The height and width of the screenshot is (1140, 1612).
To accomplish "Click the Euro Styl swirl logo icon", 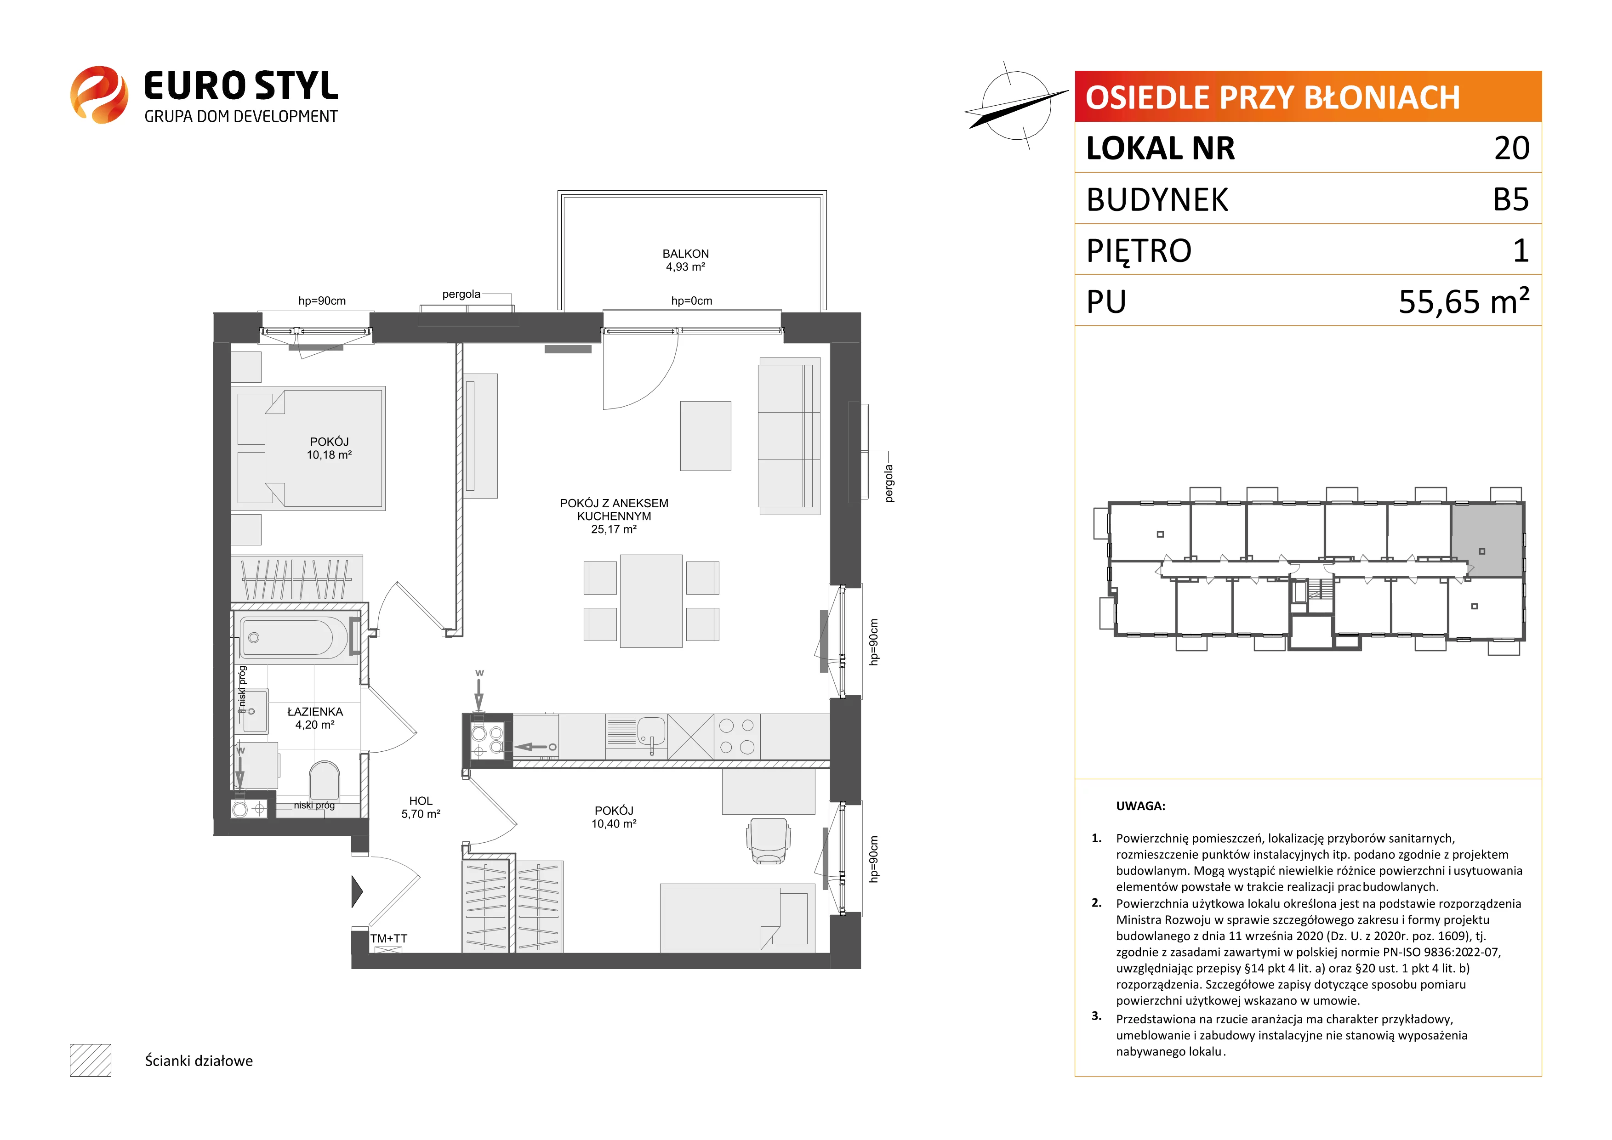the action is (x=99, y=95).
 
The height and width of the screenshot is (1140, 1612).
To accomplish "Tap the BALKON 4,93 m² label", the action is (x=685, y=260).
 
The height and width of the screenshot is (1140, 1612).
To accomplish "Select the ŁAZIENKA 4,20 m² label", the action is (x=314, y=718).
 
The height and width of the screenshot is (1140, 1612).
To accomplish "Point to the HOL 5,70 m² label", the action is (x=421, y=807).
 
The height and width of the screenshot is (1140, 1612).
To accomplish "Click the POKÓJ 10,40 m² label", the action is (x=614, y=817).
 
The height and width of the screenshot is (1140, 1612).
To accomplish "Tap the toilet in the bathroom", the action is (x=325, y=781).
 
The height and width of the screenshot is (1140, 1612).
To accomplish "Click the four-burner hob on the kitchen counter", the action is (x=737, y=737).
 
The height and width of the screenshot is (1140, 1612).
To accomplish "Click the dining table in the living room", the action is (x=651, y=601).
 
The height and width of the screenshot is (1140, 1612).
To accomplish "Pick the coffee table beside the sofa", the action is (x=706, y=436).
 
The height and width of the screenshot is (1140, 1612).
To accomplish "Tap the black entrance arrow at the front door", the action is (x=357, y=891).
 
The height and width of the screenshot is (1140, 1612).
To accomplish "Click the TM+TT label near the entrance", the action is (x=388, y=939).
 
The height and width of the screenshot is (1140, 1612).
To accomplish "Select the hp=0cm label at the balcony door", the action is (x=692, y=301).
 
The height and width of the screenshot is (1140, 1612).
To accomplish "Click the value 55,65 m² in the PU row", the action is (x=1464, y=301).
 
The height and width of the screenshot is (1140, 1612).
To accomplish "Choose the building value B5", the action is (x=1511, y=199).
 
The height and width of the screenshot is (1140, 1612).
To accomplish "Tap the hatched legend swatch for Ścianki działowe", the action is (x=91, y=1060).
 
